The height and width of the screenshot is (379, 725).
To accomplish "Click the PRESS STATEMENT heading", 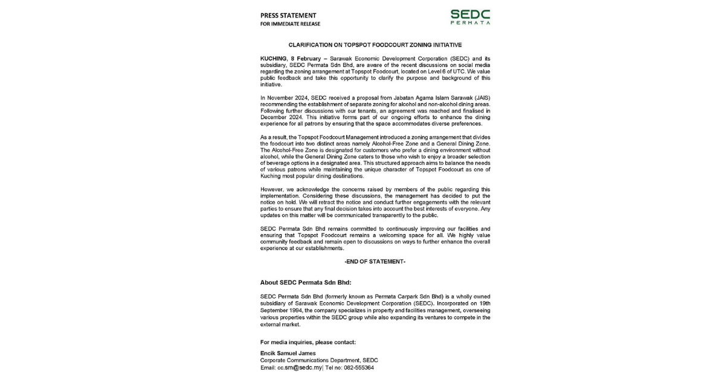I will [x=288, y=15].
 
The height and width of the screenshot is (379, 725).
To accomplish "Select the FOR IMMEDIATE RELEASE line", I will [x=290, y=24].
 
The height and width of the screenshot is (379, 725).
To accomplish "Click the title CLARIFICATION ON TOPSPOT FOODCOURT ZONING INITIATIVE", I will [x=375, y=45].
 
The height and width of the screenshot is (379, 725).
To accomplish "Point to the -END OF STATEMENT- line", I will [x=375, y=261].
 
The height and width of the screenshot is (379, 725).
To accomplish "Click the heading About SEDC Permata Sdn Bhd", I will [x=305, y=282].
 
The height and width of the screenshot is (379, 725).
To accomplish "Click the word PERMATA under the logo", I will [x=470, y=23].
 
